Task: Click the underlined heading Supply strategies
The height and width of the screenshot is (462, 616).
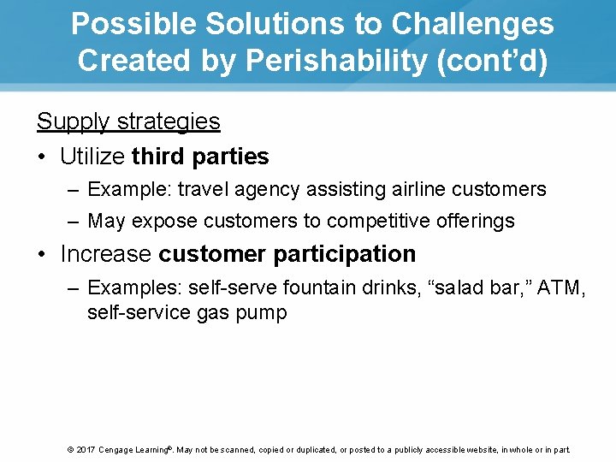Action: [128, 121]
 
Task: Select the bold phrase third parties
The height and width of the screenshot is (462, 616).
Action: [200, 157]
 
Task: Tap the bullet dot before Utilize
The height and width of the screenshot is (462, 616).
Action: [43, 157]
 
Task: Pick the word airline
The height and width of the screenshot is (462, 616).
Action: [418, 189]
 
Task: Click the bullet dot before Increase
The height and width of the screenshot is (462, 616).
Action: [43, 255]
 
